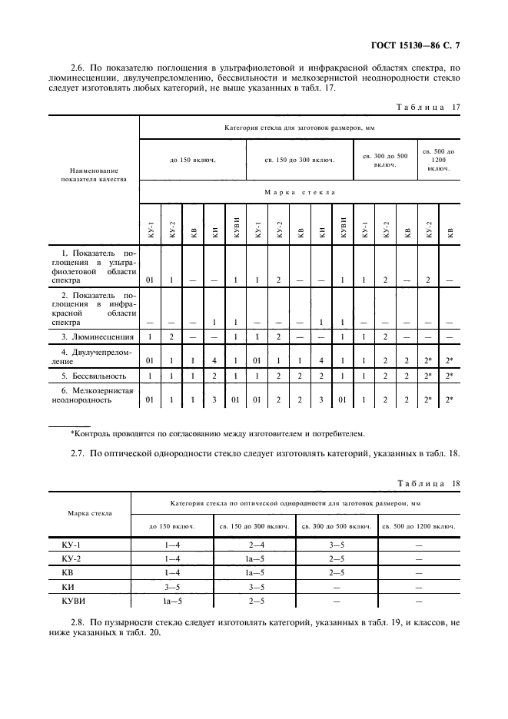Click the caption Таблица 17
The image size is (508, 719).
(x=427, y=108)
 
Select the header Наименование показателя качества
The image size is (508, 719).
(x=94, y=175)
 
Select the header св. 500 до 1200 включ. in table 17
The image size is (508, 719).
(x=439, y=159)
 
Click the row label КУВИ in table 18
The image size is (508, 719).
(x=73, y=600)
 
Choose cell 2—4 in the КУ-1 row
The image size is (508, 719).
(x=254, y=544)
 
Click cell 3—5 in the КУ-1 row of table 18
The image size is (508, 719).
(x=336, y=544)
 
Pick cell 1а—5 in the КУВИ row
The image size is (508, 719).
(x=171, y=600)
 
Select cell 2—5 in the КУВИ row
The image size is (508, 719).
(x=254, y=600)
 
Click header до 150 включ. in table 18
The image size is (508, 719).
(x=171, y=526)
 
